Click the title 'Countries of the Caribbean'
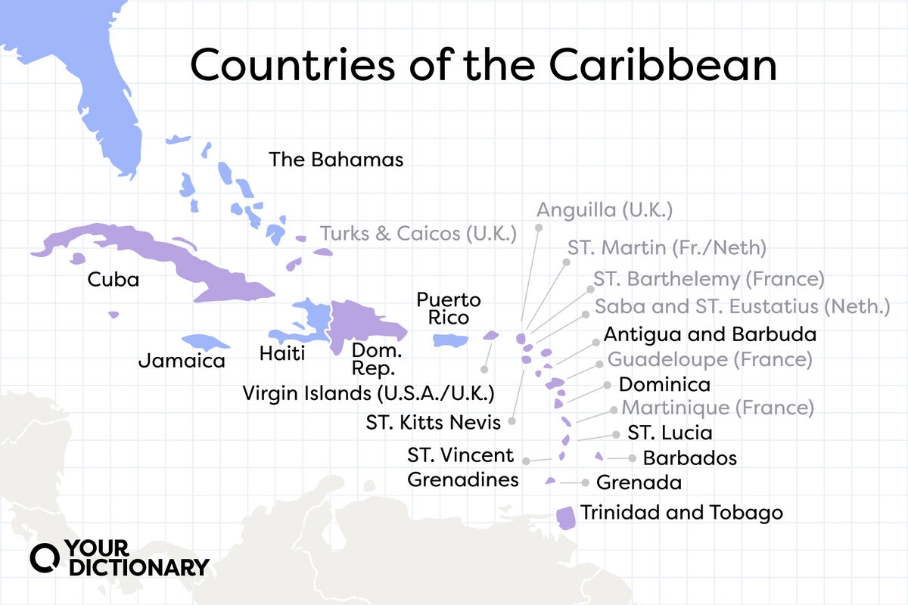pyautogui.click(x=484, y=66)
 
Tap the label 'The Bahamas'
pyautogui.click(x=337, y=160)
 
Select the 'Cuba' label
pyautogui.click(x=113, y=280)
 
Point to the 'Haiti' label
pyautogui.click(x=281, y=353)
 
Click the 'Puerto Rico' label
pyautogui.click(x=449, y=309)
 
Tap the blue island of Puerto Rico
pyautogui.click(x=451, y=341)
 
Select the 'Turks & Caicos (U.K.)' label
pyautogui.click(x=418, y=234)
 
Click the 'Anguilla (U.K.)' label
pyautogui.click(x=605, y=209)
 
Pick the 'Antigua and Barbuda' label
pyautogui.click(x=710, y=334)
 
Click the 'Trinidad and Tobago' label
pyautogui.click(x=681, y=513)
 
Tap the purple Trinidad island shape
pyautogui.click(x=565, y=517)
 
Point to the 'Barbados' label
pyautogui.click(x=689, y=458)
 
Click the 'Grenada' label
pyautogui.click(x=639, y=482)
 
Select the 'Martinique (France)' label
pyautogui.click(x=717, y=408)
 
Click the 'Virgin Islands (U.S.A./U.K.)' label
pyautogui.click(x=368, y=393)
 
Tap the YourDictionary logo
pyautogui.click(x=120, y=558)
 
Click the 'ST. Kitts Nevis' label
pyautogui.click(x=434, y=423)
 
